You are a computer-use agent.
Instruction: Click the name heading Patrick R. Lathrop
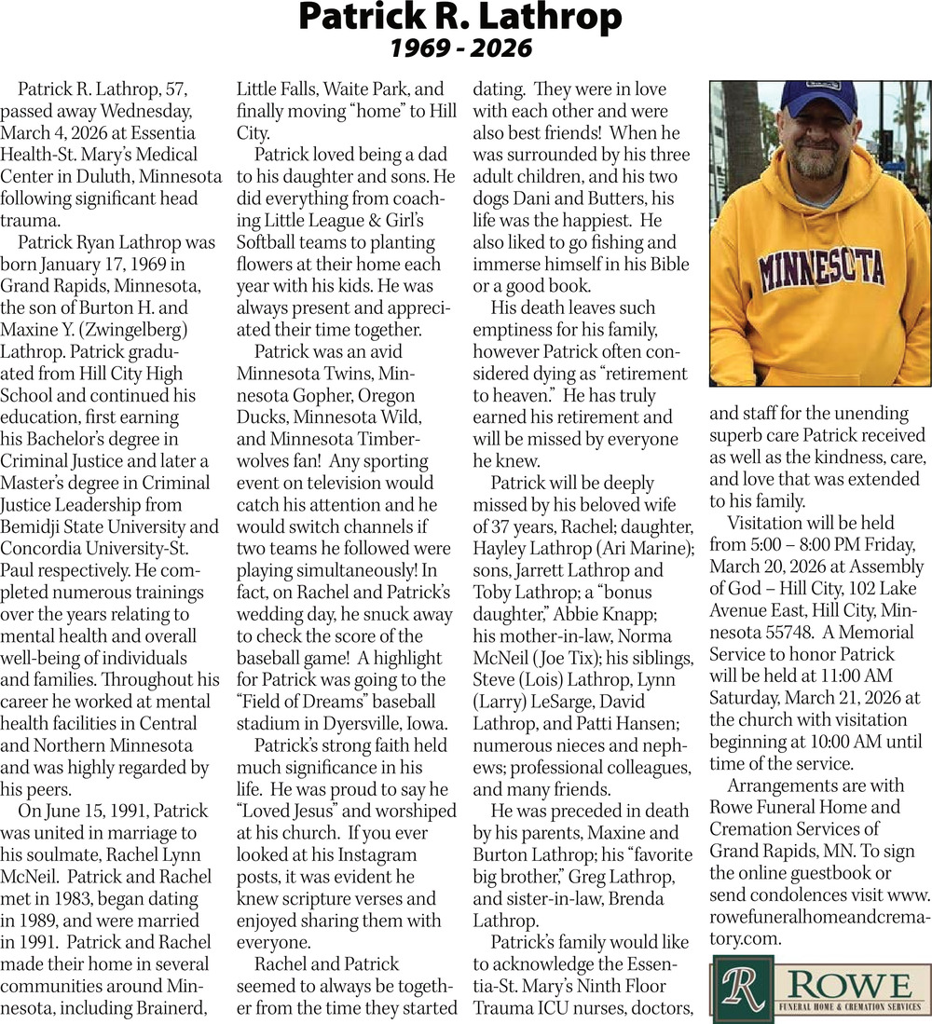[x=460, y=17]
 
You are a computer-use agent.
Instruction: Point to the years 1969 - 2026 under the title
[x=460, y=47]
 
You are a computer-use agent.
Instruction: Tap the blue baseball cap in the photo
[x=817, y=97]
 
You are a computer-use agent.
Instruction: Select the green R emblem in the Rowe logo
[x=742, y=992]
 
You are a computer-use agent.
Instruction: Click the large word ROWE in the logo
[x=849, y=984]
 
